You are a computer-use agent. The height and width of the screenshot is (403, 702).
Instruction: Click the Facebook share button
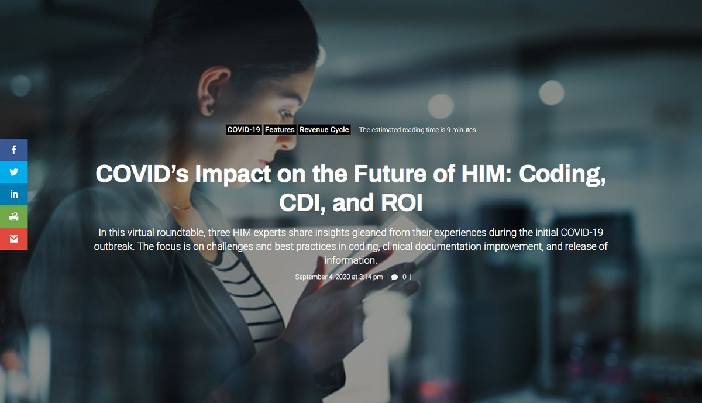(x=14, y=150)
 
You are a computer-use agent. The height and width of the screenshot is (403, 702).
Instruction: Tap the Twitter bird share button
(x=14, y=172)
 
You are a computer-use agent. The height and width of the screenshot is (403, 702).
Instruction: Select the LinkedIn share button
(x=14, y=194)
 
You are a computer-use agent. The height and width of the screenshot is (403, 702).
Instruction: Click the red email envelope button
(x=14, y=239)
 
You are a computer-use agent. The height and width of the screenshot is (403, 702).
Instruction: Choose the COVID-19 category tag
(x=243, y=130)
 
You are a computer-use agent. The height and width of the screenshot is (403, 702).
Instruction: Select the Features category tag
(x=280, y=130)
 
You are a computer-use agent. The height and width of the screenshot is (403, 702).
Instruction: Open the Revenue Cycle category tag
(x=324, y=130)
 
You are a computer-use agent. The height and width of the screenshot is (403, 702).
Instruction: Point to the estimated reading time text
(x=417, y=130)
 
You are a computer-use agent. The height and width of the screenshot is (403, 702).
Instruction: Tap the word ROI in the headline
(x=402, y=202)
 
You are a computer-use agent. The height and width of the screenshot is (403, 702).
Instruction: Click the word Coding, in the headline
(x=562, y=175)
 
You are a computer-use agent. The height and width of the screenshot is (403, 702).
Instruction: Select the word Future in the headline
(x=390, y=174)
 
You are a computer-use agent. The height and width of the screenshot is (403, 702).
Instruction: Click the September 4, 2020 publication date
(x=339, y=277)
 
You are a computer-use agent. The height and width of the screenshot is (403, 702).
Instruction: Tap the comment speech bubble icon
(x=394, y=277)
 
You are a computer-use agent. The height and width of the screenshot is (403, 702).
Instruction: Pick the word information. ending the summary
(x=350, y=260)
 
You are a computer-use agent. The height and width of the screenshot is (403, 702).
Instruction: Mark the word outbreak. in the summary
(x=114, y=246)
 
